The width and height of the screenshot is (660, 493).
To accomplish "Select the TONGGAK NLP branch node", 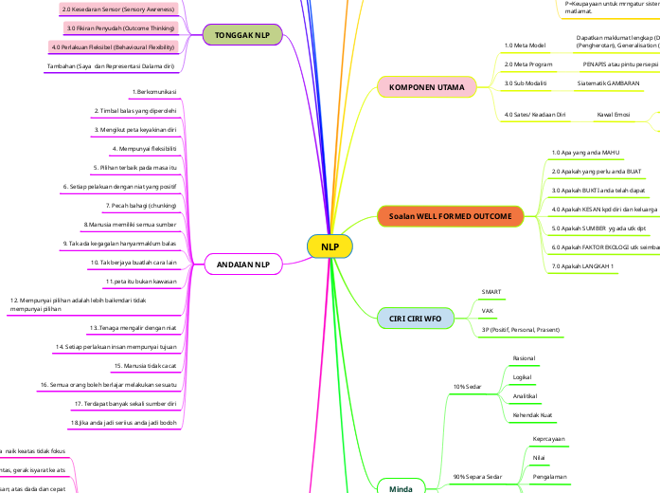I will point(241,36).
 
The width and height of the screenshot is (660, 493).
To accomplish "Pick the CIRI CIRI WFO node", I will point(410,319).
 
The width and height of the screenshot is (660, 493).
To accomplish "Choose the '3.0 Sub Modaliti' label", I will point(526,83).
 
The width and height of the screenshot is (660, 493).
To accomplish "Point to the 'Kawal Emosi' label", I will point(614,114).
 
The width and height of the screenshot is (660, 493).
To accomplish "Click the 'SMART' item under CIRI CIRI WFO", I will point(491,292).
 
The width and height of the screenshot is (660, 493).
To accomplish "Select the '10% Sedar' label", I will point(468,387).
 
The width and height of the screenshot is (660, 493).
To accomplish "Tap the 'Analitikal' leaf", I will point(525,396).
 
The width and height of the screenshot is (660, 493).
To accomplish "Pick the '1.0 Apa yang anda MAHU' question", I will point(584,152).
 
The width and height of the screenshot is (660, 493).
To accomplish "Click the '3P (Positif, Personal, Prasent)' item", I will point(523,329).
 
